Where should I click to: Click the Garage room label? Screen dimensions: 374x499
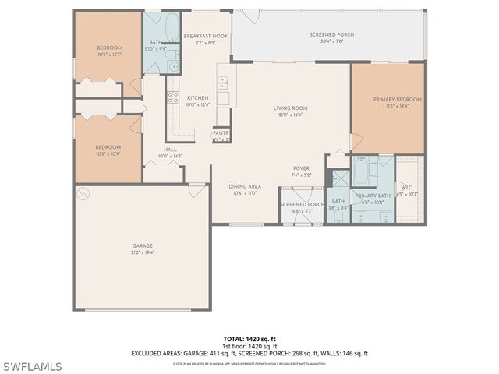point(142,246)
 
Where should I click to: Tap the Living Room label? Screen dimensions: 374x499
point(290,108)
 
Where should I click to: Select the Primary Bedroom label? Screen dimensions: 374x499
point(397,100)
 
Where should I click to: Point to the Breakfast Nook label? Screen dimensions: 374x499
point(205,37)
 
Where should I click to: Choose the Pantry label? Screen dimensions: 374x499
point(221,134)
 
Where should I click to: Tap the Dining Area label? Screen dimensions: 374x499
point(244,187)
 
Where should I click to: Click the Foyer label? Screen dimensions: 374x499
point(301,168)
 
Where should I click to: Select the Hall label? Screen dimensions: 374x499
point(170,150)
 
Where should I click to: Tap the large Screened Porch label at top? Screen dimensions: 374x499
point(331,35)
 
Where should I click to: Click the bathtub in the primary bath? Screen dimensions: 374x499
point(363,171)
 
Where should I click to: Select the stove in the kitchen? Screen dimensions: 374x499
point(172,98)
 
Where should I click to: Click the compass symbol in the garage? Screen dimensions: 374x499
point(83,192)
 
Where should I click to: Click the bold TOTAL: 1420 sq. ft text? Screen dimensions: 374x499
point(249,339)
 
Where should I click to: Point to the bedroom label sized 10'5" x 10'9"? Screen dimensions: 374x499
point(108,147)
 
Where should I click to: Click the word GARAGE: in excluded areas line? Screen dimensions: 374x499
point(179,353)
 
